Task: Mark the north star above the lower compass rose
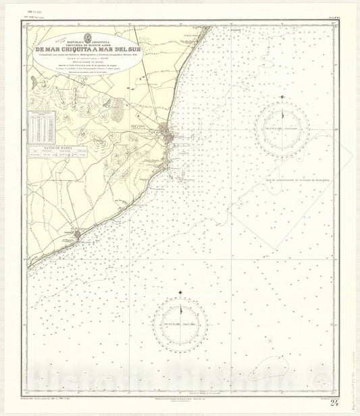pos(180,294)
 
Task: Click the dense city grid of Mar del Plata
pos(166,134)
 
